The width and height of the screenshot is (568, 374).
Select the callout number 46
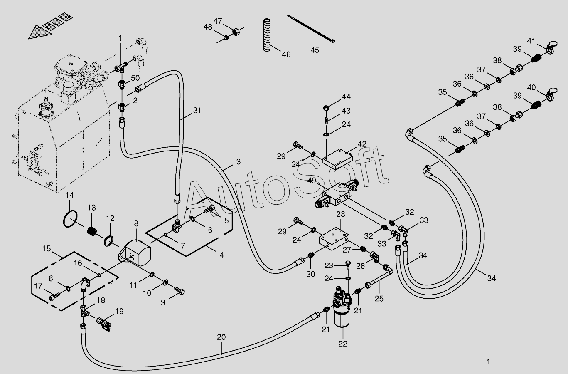coord(286,54)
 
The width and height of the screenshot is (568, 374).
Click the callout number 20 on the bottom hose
coord(221,337)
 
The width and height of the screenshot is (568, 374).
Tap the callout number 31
coord(197,111)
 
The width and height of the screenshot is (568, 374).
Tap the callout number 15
coord(46,249)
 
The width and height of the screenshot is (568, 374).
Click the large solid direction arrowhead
coord(40,32)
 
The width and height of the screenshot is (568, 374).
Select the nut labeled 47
coord(235,31)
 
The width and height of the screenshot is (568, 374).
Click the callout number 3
coord(238,162)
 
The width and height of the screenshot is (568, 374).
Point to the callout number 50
coord(135,78)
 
